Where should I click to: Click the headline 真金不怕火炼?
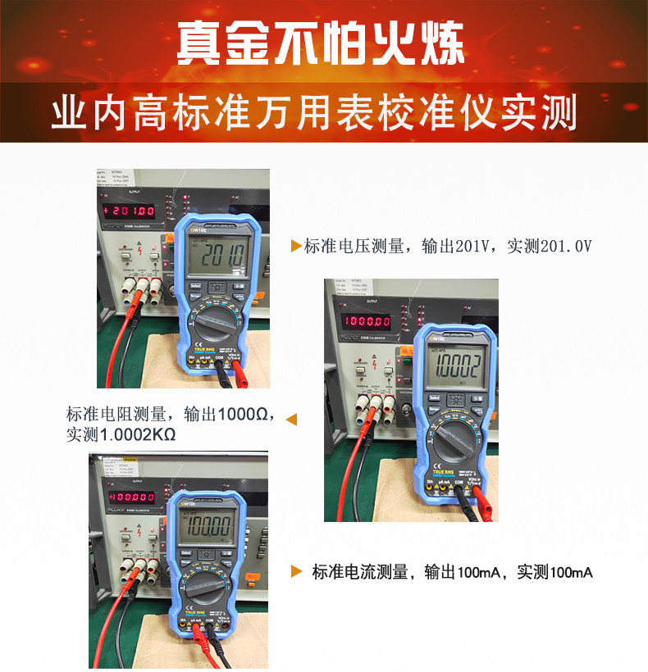[322, 42]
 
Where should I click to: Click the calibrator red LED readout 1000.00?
[367, 320]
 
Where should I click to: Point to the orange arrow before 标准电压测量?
[296, 246]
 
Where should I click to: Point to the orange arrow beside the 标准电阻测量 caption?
[290, 420]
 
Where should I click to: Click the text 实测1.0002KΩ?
[121, 435]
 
